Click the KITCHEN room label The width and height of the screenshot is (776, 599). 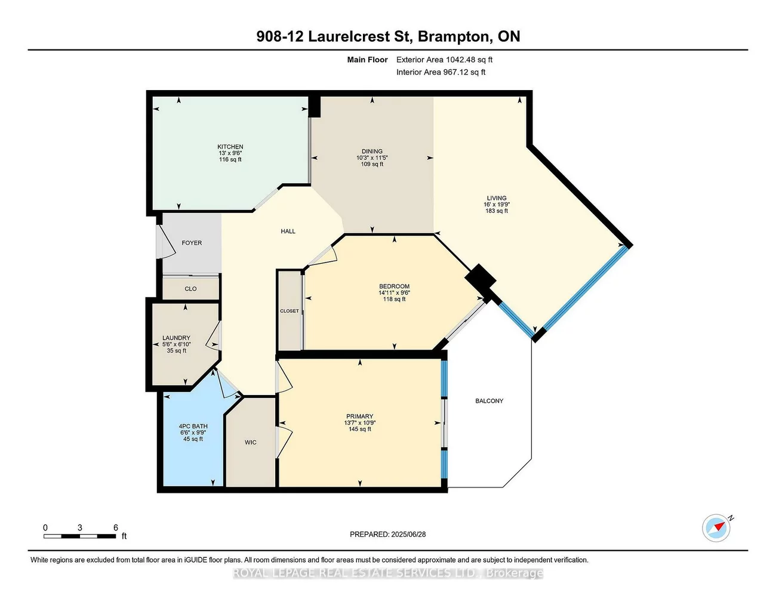[x=230, y=147]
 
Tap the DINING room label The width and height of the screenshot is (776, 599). [x=372, y=152]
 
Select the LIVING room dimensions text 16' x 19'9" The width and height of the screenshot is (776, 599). [x=497, y=205]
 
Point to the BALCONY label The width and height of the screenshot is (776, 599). [x=489, y=401]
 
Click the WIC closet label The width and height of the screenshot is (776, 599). [x=251, y=442]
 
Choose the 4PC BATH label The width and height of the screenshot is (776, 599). [x=193, y=427]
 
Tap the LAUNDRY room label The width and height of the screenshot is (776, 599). [x=176, y=338]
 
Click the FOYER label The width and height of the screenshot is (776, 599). [x=192, y=243]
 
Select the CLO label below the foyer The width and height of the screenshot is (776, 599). [x=190, y=289]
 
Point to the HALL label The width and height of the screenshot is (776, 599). [x=288, y=231]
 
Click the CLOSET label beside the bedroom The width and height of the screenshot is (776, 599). [x=290, y=311]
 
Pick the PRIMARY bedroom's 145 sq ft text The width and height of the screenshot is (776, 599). [x=360, y=429]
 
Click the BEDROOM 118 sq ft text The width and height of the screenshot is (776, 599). [x=394, y=299]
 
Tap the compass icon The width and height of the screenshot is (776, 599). [x=716, y=528]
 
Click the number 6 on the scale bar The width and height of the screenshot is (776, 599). [x=116, y=527]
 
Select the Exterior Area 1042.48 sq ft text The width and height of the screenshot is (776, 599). [x=444, y=60]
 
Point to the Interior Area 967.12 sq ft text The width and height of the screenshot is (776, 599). [x=441, y=72]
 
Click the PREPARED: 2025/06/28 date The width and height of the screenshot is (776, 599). [x=387, y=535]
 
